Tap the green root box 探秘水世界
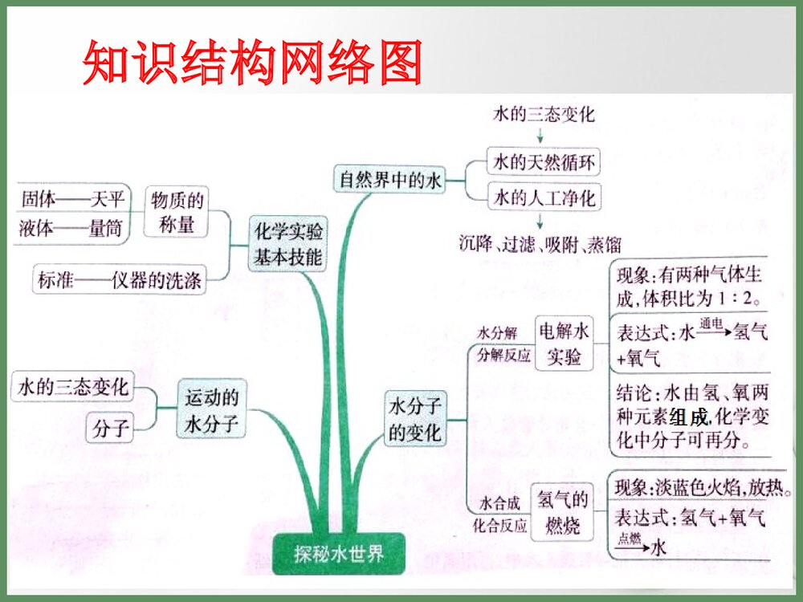339,555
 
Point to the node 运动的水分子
212,410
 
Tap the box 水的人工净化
544,197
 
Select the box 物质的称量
176,211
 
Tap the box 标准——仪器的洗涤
119,282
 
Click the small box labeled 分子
110,428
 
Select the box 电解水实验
564,344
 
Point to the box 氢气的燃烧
564,514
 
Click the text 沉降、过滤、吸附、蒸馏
540,244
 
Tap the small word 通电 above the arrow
711,323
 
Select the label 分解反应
503,355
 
